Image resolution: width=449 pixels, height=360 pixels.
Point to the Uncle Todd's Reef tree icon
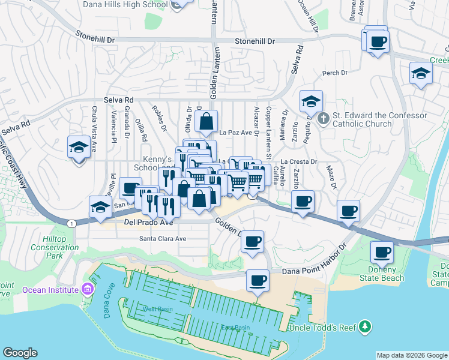point(364,327)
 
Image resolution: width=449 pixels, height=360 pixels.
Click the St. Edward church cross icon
point(323,118)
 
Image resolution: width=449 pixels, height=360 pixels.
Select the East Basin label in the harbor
point(235,328)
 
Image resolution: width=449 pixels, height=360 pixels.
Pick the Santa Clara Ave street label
point(163,238)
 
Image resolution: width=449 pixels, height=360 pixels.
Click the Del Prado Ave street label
point(148,222)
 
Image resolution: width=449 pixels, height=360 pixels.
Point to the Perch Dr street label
point(335,73)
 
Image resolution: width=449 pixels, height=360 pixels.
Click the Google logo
point(20,353)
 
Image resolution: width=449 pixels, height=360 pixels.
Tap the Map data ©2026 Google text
point(411,355)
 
